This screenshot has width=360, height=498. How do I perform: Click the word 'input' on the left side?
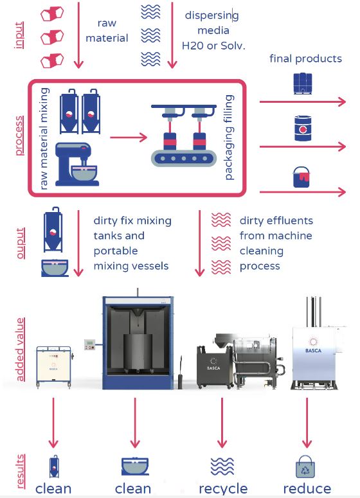point(19,35)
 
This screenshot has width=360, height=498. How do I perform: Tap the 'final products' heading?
point(305,58)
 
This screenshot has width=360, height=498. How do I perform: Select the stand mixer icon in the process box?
point(77,164)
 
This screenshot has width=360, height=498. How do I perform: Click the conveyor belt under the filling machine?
point(184,158)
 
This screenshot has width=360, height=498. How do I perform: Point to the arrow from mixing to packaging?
point(129,138)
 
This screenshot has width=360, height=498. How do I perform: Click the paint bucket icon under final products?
point(301,177)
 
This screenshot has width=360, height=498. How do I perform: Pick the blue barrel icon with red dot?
point(303,129)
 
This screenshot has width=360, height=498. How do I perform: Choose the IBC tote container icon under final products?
point(303,84)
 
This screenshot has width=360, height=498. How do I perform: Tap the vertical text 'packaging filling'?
point(229,138)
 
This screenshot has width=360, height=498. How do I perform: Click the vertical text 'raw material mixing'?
point(44,138)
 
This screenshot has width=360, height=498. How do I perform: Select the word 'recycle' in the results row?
point(223,488)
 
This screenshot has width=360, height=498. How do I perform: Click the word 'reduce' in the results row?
point(307,488)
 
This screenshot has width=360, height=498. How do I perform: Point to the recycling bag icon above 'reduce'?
point(305,467)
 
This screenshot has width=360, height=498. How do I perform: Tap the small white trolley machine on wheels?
point(54,367)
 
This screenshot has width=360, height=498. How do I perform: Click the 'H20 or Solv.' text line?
point(213,46)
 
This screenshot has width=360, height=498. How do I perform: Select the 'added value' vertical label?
point(20,350)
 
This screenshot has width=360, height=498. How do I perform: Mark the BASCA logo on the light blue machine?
point(313,346)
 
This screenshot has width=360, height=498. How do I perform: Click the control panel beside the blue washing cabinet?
point(89,344)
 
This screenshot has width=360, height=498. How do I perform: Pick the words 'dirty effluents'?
point(276,220)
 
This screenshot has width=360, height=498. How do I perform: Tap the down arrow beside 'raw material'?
point(78,35)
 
